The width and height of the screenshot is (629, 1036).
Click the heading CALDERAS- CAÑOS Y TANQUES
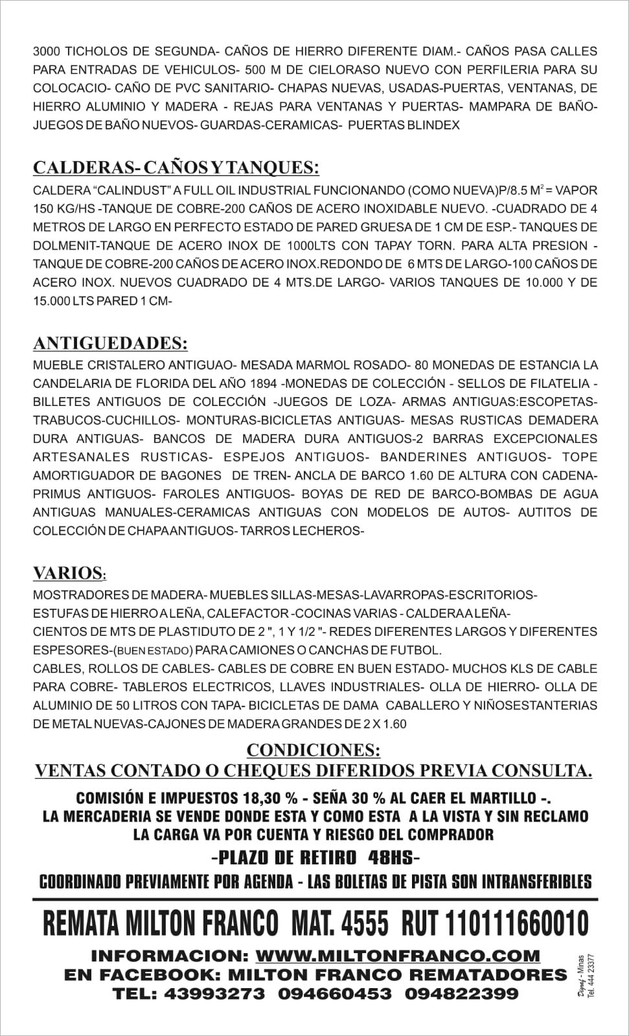click(176, 168)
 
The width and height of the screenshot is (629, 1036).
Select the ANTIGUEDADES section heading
click(111, 342)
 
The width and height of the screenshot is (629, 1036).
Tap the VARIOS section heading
click(69, 573)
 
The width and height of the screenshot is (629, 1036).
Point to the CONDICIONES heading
click(314, 750)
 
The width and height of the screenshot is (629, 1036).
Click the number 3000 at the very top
click(45, 51)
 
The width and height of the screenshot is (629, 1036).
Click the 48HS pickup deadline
click(394, 858)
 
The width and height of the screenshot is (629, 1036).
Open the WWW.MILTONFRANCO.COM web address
click(398, 956)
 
